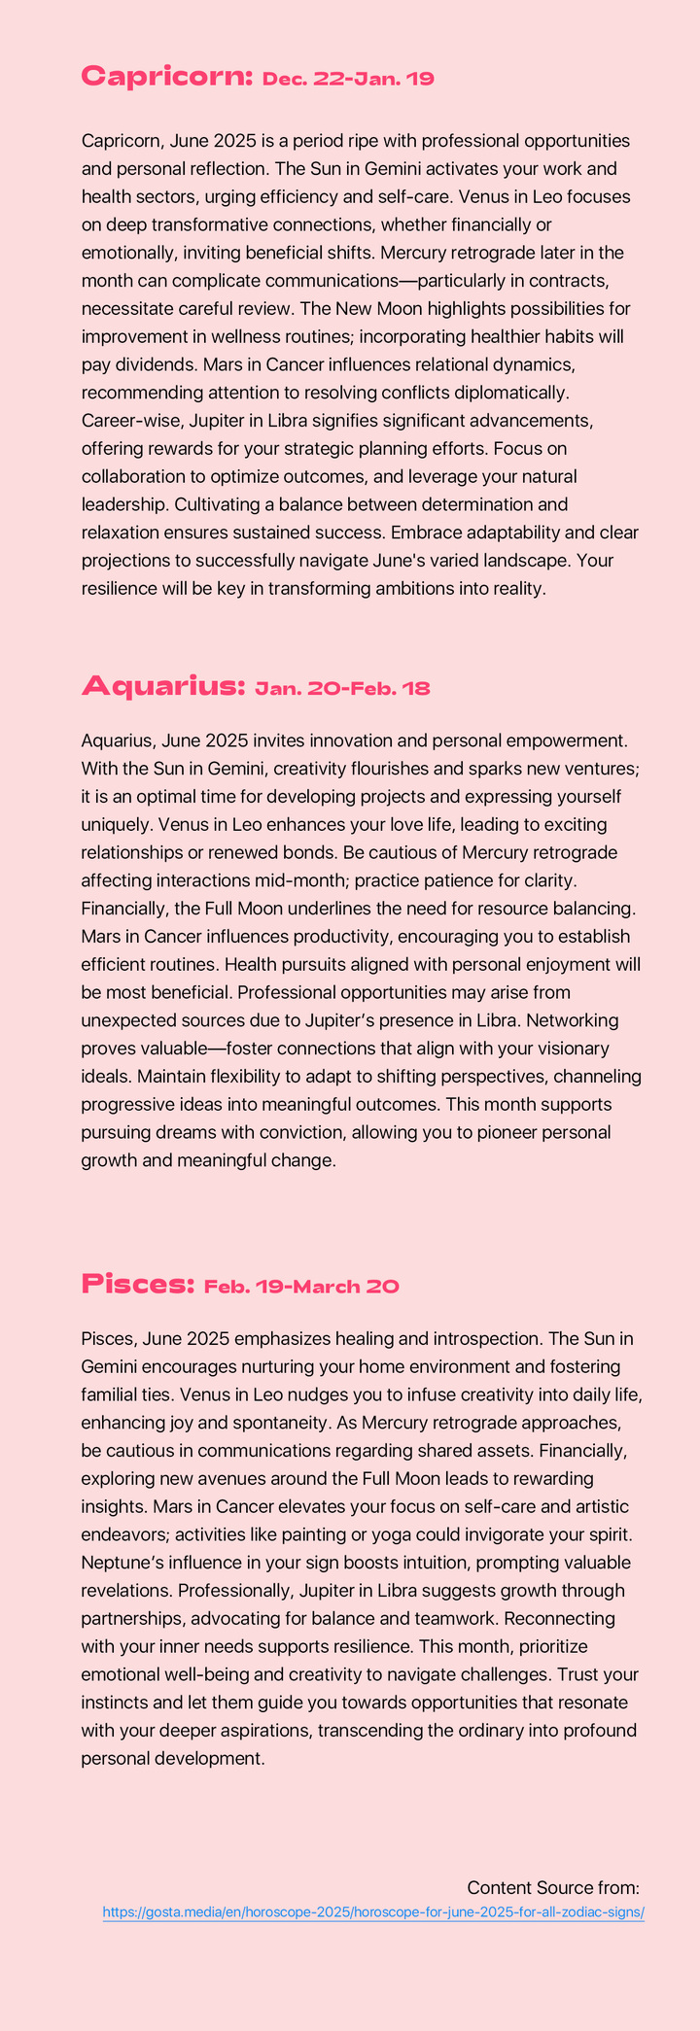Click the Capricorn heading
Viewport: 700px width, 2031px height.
167,76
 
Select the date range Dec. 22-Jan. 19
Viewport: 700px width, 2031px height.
348,79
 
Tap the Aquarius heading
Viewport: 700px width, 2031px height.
162,686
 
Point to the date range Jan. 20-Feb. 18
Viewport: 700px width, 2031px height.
342,689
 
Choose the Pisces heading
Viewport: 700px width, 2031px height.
138,1284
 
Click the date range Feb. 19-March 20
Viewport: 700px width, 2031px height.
301,1287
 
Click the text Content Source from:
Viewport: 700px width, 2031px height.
552,1887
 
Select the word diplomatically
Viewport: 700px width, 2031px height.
520,393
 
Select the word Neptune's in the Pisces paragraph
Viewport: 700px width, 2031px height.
124,1563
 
